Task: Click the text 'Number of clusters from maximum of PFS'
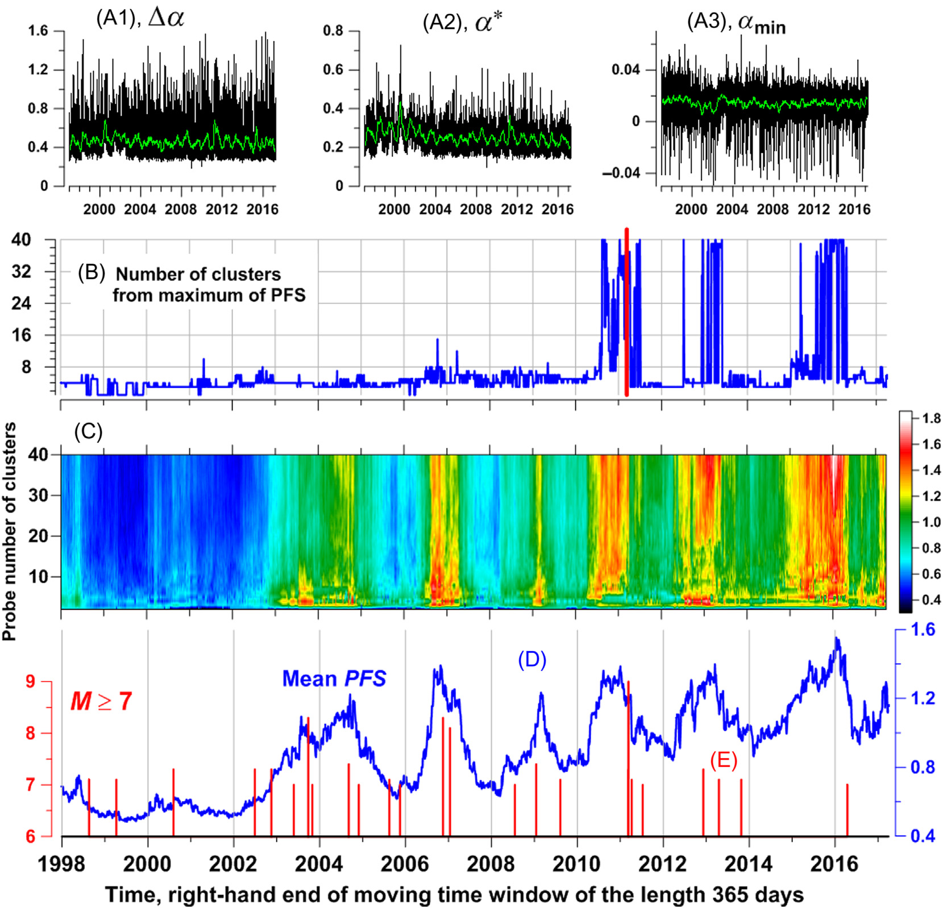(x=208, y=285)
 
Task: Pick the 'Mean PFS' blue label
(x=334, y=678)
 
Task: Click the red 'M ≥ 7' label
(x=101, y=701)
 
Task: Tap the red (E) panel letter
(x=723, y=760)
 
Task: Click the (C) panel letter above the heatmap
(x=88, y=432)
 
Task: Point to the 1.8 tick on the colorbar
(x=931, y=419)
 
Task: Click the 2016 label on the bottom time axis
(x=833, y=864)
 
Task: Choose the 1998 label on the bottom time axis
(x=61, y=864)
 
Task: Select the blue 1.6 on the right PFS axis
(x=923, y=630)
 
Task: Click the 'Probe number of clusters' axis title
(x=9, y=531)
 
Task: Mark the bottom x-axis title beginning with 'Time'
(x=454, y=894)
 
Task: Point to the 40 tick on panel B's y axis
(x=21, y=240)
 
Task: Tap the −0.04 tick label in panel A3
(x=621, y=173)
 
